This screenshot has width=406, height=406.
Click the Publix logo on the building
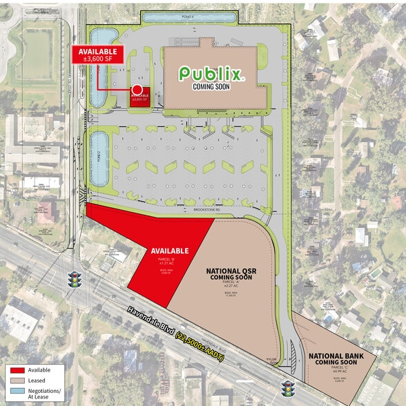point(211,73)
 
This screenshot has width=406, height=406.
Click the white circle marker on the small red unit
point(137,90)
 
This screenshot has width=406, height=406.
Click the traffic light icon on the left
point(74,280)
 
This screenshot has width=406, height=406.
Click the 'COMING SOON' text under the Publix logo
point(212,87)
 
